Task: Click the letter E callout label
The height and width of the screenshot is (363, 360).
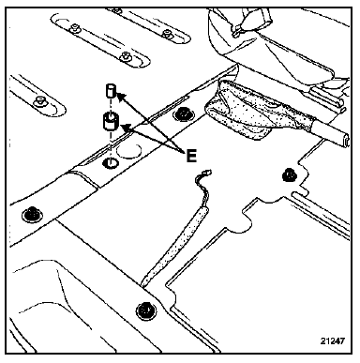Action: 191,156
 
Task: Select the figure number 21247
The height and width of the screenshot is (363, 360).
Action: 333,340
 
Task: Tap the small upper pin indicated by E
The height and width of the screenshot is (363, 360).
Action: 111,90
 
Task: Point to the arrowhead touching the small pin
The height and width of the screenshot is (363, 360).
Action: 120,97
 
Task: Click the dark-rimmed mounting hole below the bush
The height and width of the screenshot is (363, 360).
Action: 111,163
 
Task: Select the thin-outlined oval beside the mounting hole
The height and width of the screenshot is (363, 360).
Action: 128,151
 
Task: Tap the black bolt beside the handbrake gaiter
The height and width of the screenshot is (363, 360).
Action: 183,114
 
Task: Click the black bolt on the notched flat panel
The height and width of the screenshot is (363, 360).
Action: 290,175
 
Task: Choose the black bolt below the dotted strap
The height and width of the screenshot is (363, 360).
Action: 146,310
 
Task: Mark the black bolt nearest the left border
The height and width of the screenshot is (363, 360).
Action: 31,215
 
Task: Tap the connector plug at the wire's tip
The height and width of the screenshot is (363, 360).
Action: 207,173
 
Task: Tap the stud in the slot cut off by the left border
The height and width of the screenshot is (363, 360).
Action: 39,100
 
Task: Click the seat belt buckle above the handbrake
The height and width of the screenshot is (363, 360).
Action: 250,19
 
